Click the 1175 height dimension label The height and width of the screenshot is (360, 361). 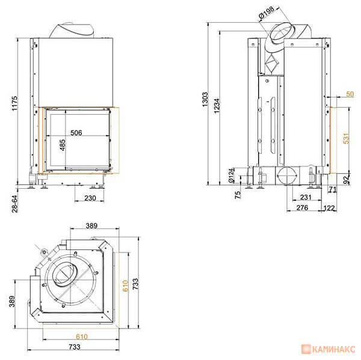[14, 103]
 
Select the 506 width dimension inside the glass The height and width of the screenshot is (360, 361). [76, 133]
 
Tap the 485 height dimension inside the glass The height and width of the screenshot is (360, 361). [63, 145]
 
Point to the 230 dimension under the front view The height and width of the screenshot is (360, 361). [90, 198]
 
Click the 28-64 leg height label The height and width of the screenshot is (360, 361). [14, 204]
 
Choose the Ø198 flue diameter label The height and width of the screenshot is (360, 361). [267, 13]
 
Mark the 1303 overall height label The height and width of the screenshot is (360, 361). [205, 100]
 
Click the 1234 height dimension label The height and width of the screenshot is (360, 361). [217, 106]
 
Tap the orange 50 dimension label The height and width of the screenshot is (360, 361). [350, 94]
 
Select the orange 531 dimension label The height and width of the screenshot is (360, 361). [347, 138]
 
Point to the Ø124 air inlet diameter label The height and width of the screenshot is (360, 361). [231, 175]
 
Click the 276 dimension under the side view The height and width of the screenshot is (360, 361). [302, 208]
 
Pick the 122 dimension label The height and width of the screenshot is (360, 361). [329, 208]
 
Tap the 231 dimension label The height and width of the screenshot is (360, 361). [306, 197]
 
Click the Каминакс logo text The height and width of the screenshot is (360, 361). [333, 349]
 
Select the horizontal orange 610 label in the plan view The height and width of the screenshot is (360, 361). [82, 337]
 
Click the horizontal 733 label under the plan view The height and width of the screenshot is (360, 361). [75, 347]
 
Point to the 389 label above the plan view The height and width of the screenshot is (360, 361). [91, 226]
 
